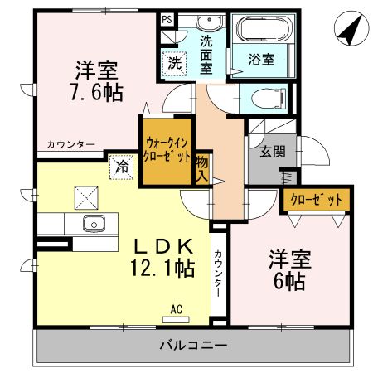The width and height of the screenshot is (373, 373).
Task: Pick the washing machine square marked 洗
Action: [175, 61]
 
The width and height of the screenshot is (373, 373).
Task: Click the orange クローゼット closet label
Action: [316, 200]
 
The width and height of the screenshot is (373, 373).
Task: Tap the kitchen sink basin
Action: [93, 224]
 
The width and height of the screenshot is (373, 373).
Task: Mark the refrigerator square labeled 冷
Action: [121, 165]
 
